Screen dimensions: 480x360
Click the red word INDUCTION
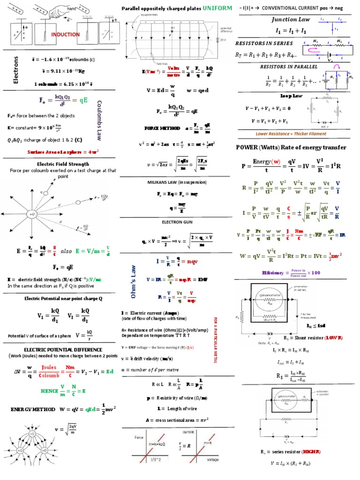[x=66, y=35]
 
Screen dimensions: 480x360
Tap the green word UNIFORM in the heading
[x=217, y=8]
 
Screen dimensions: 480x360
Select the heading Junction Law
[x=287, y=20]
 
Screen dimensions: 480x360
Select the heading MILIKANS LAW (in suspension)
[x=177, y=181]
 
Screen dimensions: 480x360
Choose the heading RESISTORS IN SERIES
[x=258, y=43]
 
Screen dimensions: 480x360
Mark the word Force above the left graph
[x=140, y=437]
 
